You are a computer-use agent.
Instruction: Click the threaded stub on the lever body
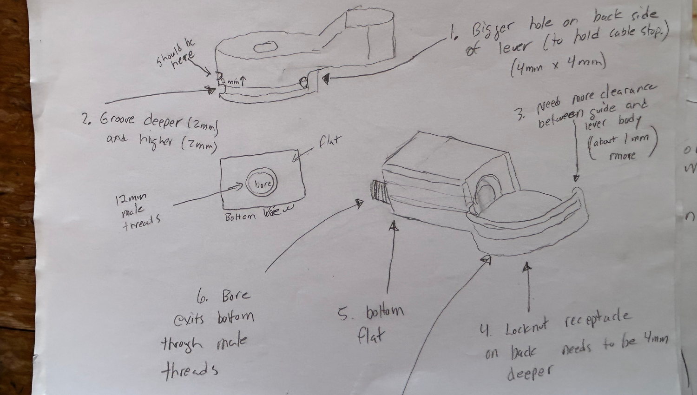click(x=377, y=193)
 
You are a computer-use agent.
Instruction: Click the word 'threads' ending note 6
click(x=189, y=370)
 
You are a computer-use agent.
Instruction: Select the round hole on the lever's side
click(x=304, y=82)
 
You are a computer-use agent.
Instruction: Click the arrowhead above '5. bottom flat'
click(x=394, y=226)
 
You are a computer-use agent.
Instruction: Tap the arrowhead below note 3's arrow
click(x=577, y=178)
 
